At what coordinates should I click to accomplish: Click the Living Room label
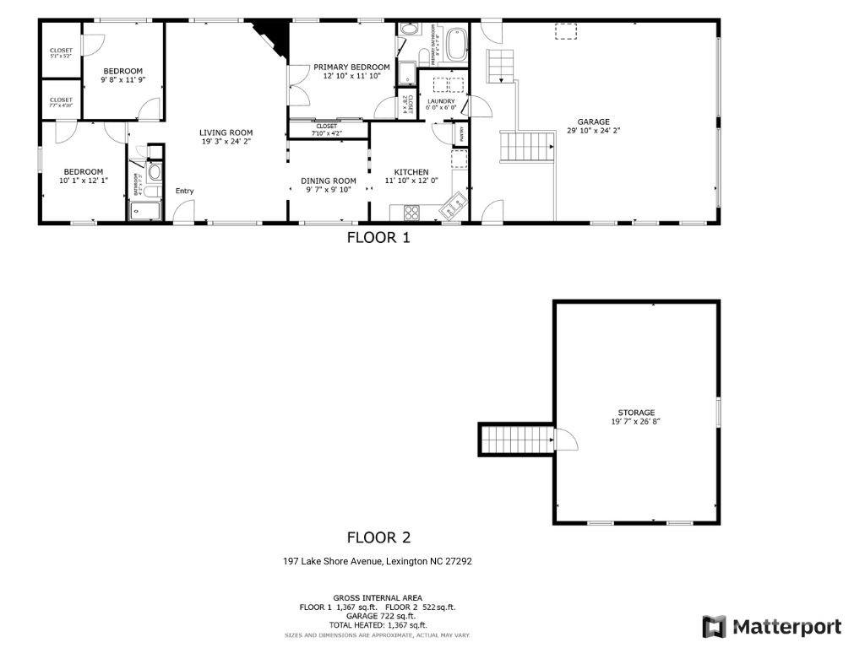tap(226, 132)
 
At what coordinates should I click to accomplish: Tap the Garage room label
tap(593, 122)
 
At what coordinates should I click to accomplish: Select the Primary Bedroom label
tap(351, 67)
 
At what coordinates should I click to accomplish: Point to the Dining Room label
tap(329, 181)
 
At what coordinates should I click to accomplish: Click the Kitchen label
tap(411, 172)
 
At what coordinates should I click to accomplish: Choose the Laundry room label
tap(441, 101)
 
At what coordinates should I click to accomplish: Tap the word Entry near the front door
tap(184, 191)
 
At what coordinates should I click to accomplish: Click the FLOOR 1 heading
tap(378, 238)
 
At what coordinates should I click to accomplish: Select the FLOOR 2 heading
tap(378, 537)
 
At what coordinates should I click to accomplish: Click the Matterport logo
tap(771, 627)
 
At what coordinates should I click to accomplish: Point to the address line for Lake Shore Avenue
tap(377, 561)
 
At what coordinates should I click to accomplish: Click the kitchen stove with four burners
tap(411, 211)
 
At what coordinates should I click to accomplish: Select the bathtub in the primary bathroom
tap(457, 44)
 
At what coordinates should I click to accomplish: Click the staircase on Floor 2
tap(504, 439)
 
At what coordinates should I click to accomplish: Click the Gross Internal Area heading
tap(378, 597)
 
